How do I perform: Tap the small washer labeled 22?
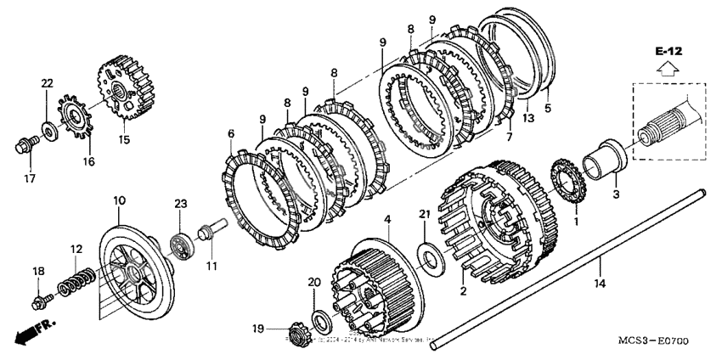[48, 130]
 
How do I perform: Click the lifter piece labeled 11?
[208, 229]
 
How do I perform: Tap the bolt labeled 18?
[40, 300]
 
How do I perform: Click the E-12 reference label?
[669, 52]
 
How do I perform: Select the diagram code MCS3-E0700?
[653, 341]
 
